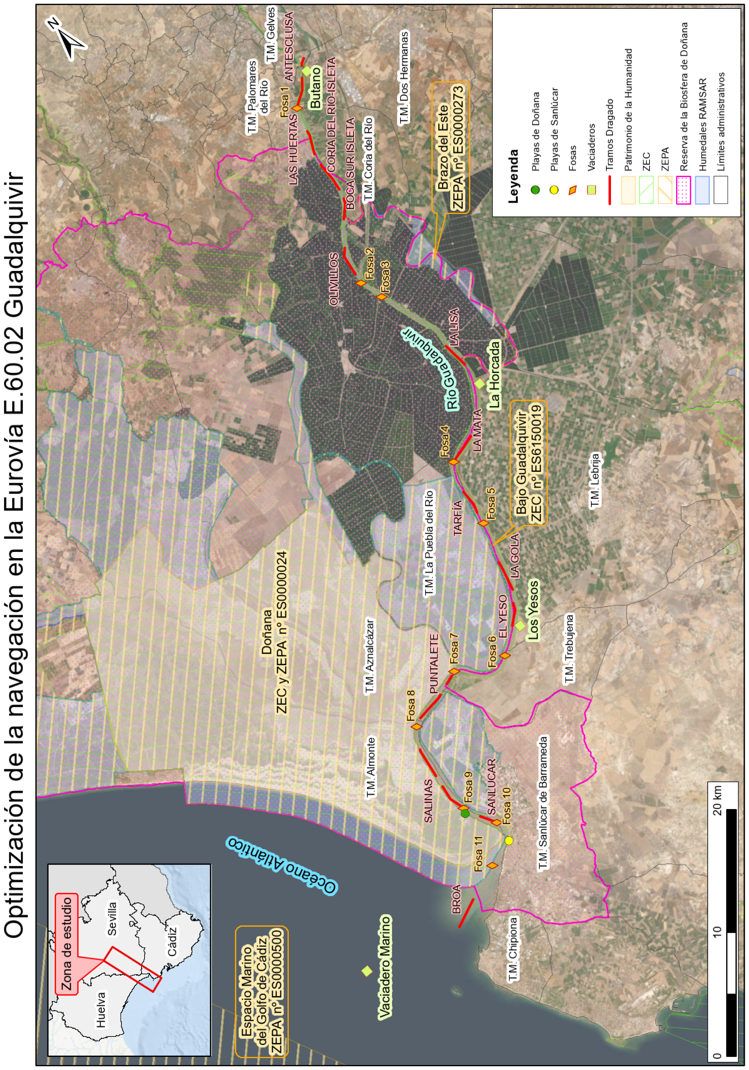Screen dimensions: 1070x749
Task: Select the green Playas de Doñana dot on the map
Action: coord(465,814)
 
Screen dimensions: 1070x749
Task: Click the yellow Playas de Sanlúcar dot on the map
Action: coord(508,840)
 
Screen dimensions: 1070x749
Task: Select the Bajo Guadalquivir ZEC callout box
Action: coord(529,463)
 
